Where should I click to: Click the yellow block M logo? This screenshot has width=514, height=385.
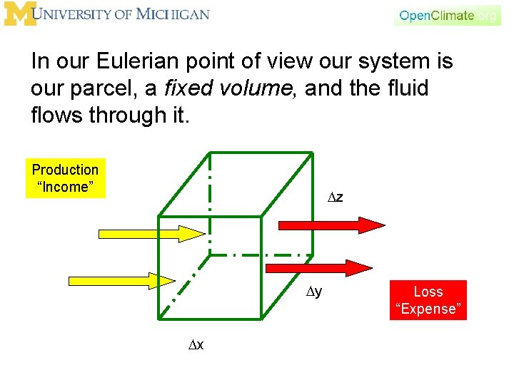19,14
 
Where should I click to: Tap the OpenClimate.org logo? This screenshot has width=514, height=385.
447,15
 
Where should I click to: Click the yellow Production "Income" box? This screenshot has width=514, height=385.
65,178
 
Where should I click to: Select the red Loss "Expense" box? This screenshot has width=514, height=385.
428,299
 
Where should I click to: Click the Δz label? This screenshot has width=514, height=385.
335,196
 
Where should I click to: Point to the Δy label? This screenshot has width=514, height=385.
314,291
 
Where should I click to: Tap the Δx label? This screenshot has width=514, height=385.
196,345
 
